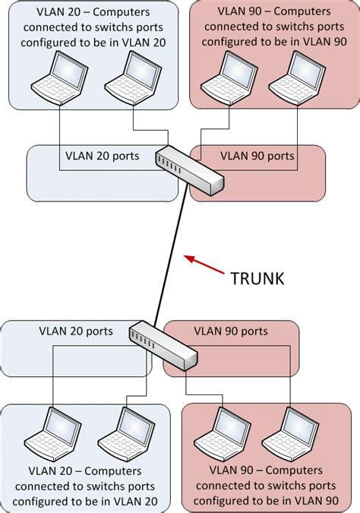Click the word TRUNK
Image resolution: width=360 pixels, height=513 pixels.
click(x=257, y=279)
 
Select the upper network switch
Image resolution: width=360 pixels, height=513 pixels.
click(x=189, y=169)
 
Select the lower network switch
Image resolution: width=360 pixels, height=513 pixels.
click(x=163, y=344)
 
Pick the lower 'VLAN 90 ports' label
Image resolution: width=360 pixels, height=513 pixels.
click(x=231, y=331)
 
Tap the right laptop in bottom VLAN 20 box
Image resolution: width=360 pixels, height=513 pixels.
click(x=125, y=430)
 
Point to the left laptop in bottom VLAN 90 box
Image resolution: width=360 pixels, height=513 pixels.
click(x=221, y=430)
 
